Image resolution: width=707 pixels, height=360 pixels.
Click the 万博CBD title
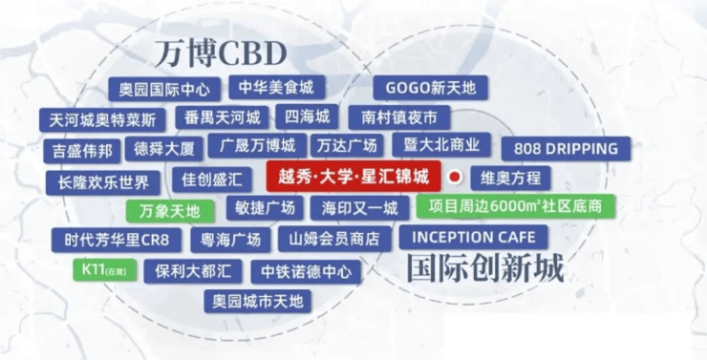coord(221,53)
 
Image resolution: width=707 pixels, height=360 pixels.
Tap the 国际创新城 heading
coord(485,268)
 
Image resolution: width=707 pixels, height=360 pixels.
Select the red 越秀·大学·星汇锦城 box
coord(353,176)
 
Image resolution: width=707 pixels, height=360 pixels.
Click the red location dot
coord(456,177)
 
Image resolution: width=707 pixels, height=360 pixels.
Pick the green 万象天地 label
coord(170,211)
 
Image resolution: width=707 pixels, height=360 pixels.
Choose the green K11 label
coord(104,270)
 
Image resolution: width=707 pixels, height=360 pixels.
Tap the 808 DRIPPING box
coord(566,149)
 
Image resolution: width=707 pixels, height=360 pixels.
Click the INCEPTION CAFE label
coord(474,237)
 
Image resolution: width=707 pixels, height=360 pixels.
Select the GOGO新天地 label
coord(431,88)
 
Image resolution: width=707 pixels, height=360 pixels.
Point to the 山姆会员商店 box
coord(334,239)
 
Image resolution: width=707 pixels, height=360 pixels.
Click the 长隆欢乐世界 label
coord(103,182)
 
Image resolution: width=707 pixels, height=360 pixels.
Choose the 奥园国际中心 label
coord(164,89)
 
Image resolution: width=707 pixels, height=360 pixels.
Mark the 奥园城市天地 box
coord(257,301)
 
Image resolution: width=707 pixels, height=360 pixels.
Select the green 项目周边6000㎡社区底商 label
coord(515,206)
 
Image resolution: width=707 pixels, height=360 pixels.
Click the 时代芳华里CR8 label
coord(117,240)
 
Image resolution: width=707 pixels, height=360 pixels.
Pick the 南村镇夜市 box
coord(399,117)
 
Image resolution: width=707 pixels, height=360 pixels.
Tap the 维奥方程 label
coord(510,178)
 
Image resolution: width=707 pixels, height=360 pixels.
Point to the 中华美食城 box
coord(276,88)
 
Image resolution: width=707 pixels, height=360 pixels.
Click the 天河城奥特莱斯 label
coord(102,120)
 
